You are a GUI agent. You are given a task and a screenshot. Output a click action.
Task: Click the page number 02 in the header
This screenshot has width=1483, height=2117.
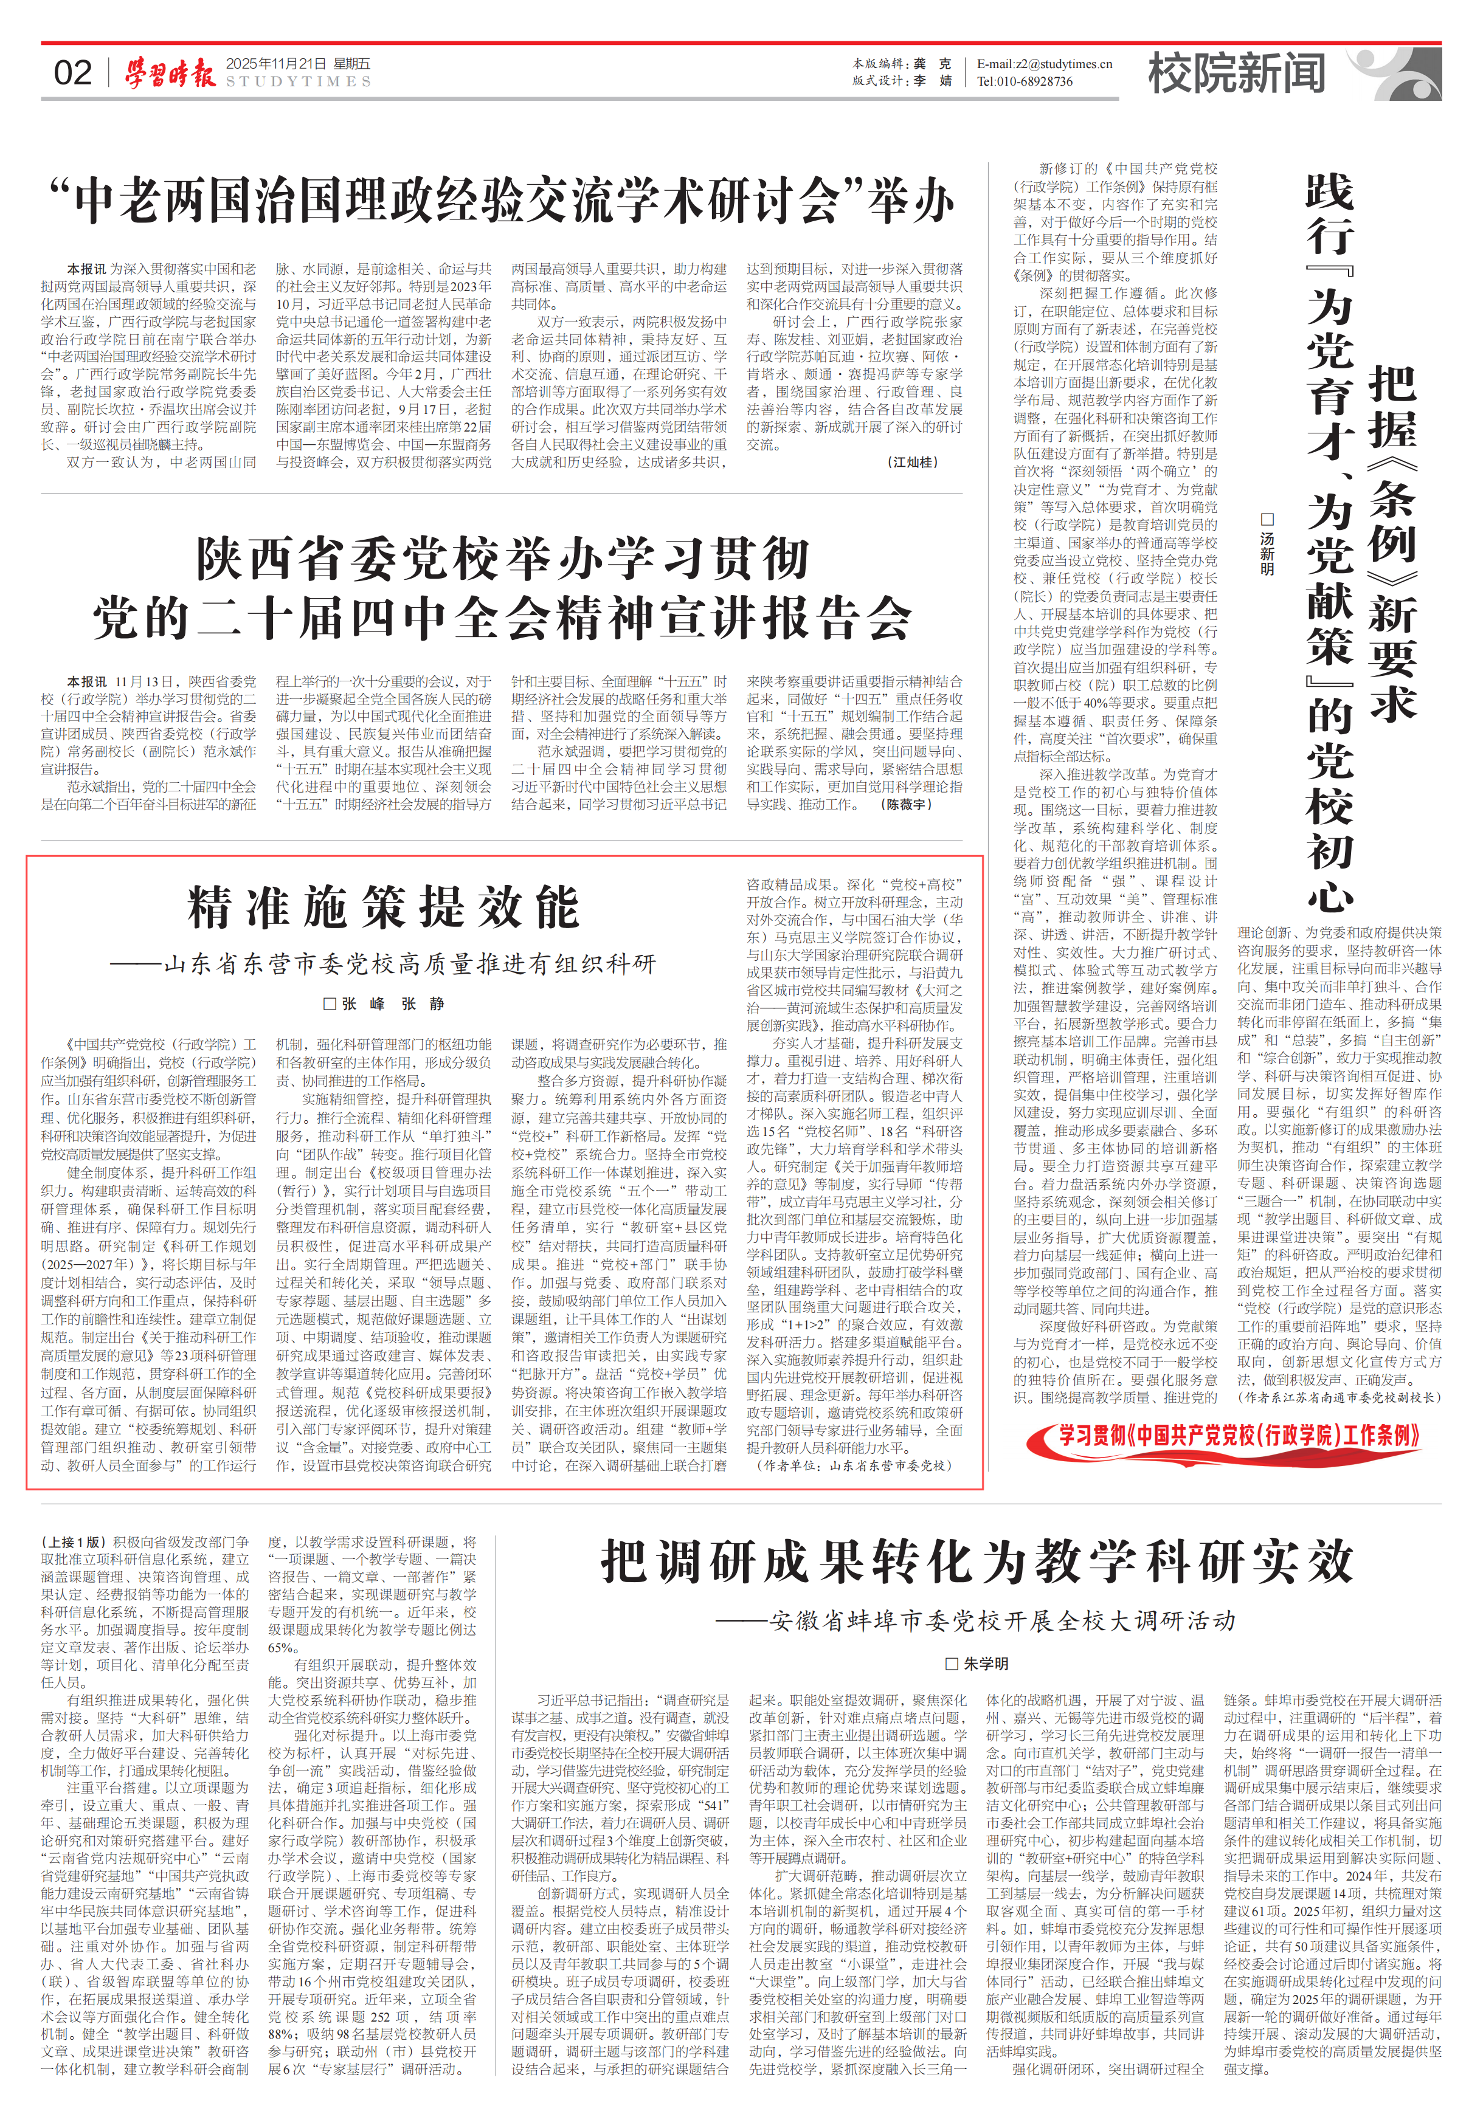73,74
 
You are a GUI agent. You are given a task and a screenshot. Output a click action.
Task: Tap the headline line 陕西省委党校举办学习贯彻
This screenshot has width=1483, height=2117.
503,560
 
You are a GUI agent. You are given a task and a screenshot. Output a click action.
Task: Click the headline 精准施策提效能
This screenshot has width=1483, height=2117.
384,907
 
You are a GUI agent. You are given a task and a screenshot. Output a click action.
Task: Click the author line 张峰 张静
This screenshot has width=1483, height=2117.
384,1004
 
